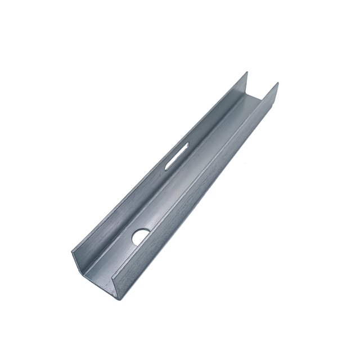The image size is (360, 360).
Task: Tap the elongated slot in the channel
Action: pos(177,155)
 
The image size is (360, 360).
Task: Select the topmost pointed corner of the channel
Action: pos(246,71)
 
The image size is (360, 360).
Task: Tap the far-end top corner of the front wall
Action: pos(278,83)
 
